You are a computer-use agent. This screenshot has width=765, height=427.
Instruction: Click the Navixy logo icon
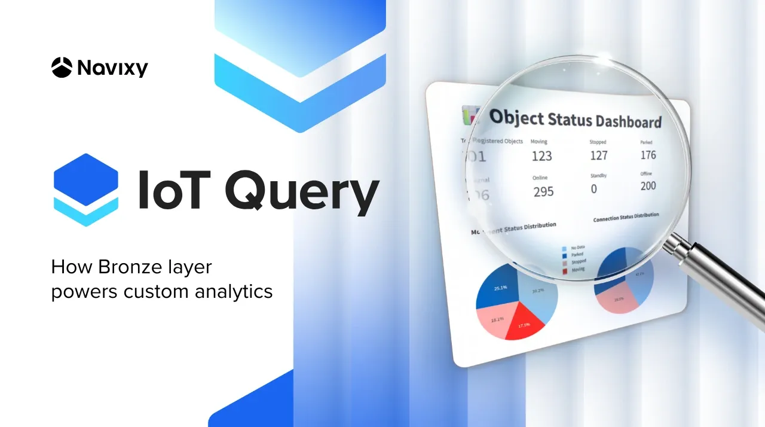tap(62, 67)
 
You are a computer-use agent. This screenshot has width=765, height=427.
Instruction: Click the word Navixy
tap(112, 68)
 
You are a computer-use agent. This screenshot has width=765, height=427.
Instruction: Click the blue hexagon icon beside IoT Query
tap(85, 190)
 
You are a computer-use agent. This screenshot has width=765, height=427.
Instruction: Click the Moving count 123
tap(541, 157)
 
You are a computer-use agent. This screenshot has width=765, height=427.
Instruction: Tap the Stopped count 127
tap(598, 155)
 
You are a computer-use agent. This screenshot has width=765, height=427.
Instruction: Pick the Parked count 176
tap(648, 155)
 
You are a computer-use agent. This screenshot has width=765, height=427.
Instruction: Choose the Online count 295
tap(543, 192)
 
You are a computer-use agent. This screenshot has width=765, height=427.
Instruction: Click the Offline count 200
tap(648, 186)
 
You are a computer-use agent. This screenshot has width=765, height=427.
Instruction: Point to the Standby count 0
tap(593, 189)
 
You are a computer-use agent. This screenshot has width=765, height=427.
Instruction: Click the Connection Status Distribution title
tap(626, 217)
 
